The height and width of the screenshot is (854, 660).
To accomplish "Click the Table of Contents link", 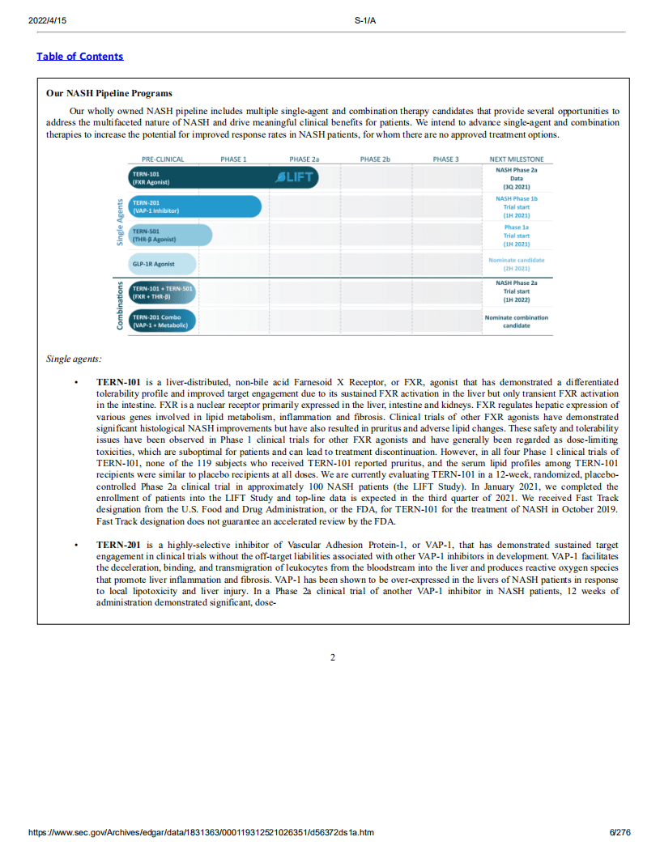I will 80,56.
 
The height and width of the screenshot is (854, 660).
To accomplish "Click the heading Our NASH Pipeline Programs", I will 109,94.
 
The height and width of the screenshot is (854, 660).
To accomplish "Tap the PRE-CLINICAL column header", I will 163,159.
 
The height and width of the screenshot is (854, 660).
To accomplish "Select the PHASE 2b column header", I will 375,159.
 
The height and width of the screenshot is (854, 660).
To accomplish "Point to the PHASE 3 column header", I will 445,159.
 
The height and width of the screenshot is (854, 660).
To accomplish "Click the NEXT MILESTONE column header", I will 517,159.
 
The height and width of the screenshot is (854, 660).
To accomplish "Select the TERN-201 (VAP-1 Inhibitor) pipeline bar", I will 194,206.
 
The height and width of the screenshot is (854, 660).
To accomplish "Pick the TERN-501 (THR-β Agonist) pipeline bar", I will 170,235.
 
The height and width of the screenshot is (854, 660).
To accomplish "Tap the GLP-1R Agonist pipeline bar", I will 163,264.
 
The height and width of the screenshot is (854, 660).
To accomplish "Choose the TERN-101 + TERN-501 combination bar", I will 163,292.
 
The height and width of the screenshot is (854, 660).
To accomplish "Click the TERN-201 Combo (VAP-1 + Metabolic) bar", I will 162,321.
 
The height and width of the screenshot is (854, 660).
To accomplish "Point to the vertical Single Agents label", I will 120,221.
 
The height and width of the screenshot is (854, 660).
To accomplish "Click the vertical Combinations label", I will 120,305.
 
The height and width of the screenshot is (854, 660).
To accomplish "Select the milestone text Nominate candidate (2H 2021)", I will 517,264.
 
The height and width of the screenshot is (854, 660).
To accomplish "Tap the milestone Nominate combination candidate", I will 517,321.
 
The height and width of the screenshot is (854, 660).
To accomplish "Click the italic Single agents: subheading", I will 74,359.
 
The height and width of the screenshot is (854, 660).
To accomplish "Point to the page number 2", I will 332,657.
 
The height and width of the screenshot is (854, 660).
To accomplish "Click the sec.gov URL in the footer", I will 201,832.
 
